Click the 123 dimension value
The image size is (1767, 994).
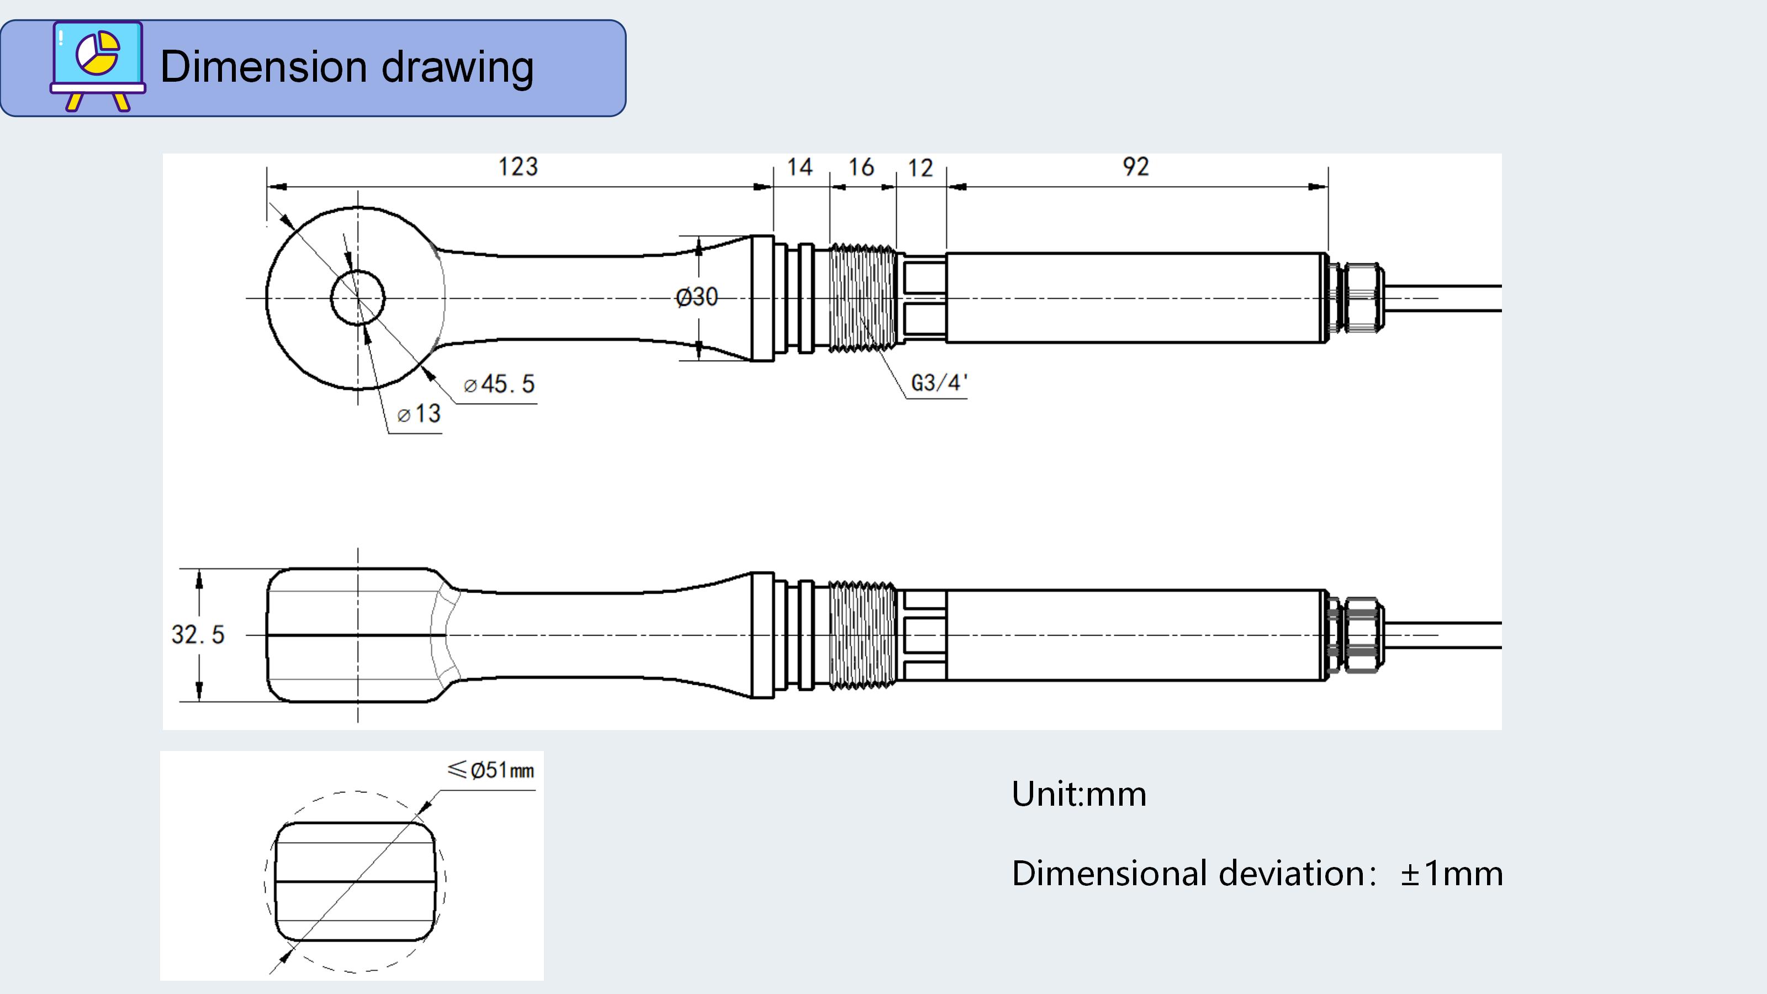click(x=518, y=167)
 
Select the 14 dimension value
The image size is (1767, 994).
click(x=799, y=167)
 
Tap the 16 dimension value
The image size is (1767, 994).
click(x=861, y=167)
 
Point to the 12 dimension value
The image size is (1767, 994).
click(x=920, y=168)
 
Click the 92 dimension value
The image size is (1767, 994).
click(x=1135, y=167)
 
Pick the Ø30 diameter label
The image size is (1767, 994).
click(x=696, y=297)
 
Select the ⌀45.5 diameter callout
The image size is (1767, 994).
click(x=499, y=384)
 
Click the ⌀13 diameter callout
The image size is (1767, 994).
click(x=419, y=414)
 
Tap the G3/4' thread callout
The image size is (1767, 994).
click(x=938, y=383)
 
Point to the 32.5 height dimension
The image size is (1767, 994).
click(x=198, y=635)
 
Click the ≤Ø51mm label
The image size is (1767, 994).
click(x=490, y=770)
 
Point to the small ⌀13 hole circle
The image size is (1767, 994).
click(x=357, y=298)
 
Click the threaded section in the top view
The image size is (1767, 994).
click(x=862, y=298)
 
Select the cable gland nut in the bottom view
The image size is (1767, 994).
click(x=1362, y=635)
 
